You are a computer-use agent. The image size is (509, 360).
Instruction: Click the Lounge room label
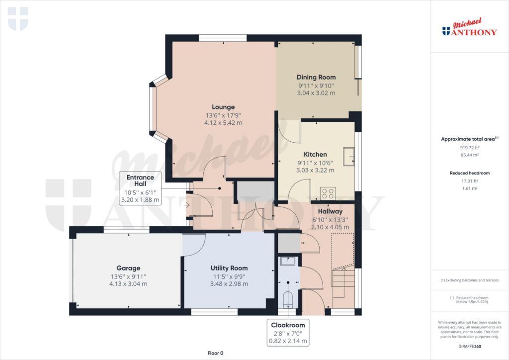click(x=223, y=107)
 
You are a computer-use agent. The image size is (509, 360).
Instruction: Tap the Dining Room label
click(x=316, y=77)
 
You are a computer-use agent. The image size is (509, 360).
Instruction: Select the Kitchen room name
click(x=316, y=155)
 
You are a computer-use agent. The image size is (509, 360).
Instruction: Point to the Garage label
click(x=128, y=268)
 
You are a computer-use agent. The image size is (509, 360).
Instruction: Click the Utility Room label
click(x=229, y=268)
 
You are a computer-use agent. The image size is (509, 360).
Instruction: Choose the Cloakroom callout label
click(x=288, y=325)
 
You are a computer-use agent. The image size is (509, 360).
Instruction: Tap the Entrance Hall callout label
click(x=140, y=181)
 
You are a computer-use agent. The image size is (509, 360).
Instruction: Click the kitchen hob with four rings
click(x=328, y=192)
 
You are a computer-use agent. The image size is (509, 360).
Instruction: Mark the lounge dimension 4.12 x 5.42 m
click(x=223, y=123)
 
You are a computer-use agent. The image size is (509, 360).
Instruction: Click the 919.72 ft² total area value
click(x=469, y=148)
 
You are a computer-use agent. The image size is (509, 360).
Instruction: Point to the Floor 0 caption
click(x=215, y=353)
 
